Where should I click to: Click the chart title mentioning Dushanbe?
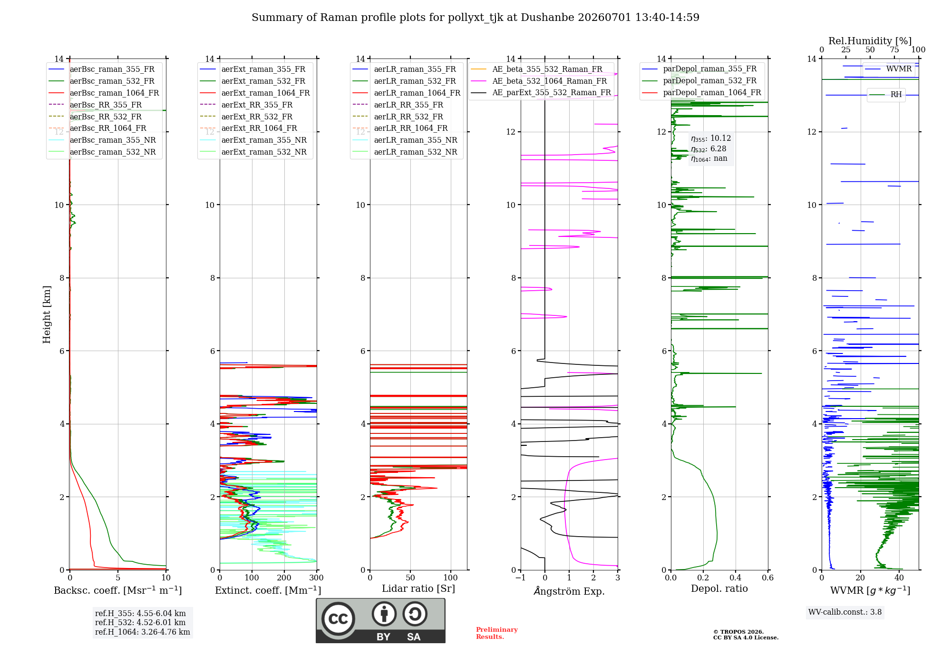tap(475, 18)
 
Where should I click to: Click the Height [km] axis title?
tap(47, 314)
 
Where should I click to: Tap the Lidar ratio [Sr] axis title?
tap(418, 589)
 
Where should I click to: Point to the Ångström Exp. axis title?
tap(569, 591)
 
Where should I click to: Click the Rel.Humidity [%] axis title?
tap(870, 41)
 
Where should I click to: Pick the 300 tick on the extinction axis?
tap(316, 578)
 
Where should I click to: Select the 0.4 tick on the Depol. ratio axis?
tap(736, 578)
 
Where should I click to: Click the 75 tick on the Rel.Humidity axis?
tap(894, 50)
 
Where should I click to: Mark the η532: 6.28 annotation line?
tap(708, 149)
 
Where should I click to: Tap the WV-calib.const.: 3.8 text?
tap(845, 612)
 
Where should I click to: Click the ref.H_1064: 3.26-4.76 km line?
tap(143, 632)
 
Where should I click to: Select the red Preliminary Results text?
tap(497, 633)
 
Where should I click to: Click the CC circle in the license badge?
tap(338, 619)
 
